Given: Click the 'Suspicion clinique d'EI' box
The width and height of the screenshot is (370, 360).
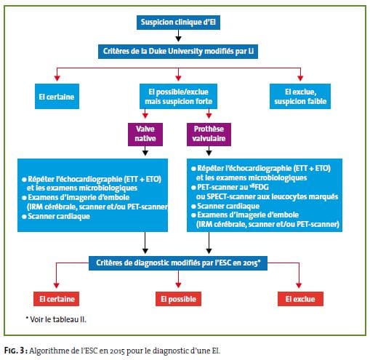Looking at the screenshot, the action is click(178, 23).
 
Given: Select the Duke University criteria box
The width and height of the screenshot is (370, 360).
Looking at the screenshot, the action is click(178, 52).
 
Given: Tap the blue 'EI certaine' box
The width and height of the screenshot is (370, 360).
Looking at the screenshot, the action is click(57, 96).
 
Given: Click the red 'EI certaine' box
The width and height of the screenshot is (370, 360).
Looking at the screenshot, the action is click(57, 299).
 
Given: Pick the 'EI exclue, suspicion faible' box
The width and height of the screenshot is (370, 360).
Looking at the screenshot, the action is click(300, 96).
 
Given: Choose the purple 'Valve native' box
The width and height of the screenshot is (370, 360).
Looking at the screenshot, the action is click(145, 135).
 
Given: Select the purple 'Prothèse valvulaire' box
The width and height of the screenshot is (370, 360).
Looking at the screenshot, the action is click(209, 135).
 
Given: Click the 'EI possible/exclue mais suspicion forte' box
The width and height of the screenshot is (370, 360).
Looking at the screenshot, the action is click(178, 96).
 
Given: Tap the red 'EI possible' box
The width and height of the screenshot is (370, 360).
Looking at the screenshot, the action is click(178, 299).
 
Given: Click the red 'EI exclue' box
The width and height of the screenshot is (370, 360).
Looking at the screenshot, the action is click(300, 299).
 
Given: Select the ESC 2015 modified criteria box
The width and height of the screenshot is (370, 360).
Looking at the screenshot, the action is click(178, 263).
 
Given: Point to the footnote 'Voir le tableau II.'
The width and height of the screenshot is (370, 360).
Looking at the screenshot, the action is click(56, 319).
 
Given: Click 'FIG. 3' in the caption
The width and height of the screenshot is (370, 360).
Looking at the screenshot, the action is click(15, 351).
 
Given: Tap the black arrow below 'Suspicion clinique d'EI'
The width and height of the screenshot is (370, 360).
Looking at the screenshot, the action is click(178, 36).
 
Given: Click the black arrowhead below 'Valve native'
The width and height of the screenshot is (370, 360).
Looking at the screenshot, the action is click(145, 153).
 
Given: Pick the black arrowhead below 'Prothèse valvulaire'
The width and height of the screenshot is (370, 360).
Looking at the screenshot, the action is click(209, 153).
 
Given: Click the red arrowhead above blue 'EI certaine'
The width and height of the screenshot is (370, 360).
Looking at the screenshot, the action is click(57, 78).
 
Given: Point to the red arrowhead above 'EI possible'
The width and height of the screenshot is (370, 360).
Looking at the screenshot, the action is click(178, 285).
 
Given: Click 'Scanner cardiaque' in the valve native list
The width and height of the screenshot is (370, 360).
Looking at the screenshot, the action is click(59, 216).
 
